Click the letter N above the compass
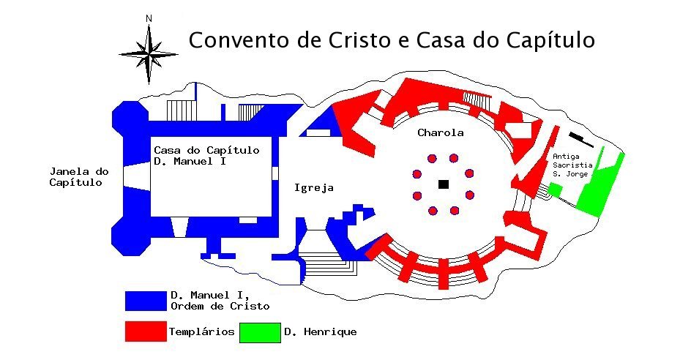149,18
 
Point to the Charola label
441,133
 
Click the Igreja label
313,188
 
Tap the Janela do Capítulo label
78,177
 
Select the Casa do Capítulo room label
206,155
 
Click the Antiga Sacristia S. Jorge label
572,165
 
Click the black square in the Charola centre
443,184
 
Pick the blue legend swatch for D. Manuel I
146,301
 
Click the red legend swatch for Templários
146,332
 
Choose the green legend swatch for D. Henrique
260,332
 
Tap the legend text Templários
201,332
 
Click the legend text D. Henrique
320,332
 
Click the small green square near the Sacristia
555,190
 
